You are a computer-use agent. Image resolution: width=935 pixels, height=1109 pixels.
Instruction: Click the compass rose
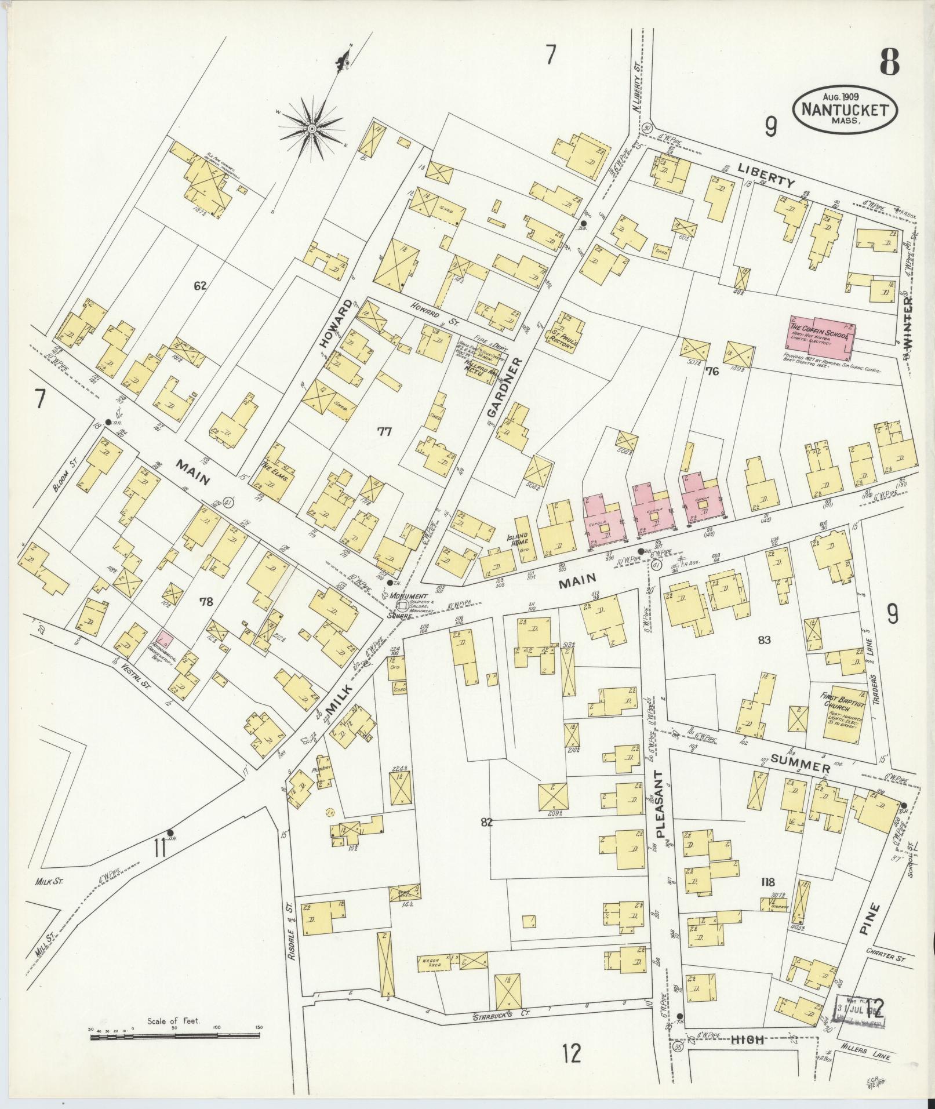coord(312,128)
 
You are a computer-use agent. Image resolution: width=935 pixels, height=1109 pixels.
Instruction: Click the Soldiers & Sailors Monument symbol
coord(401,605)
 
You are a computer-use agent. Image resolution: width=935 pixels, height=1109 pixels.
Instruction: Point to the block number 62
coord(201,285)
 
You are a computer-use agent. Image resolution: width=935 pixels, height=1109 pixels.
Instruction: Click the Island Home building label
coord(517,539)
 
